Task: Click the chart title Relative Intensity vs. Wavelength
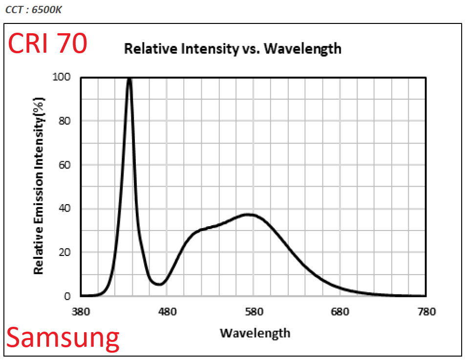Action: (x=233, y=48)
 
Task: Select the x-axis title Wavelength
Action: (x=255, y=333)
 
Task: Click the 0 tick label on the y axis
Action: (x=68, y=296)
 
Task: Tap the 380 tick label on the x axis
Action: (x=81, y=312)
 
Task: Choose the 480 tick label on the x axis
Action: (x=167, y=312)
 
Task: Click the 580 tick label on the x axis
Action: (x=254, y=312)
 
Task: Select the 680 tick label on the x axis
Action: (x=340, y=312)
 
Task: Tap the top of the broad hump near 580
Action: (x=249, y=214)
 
